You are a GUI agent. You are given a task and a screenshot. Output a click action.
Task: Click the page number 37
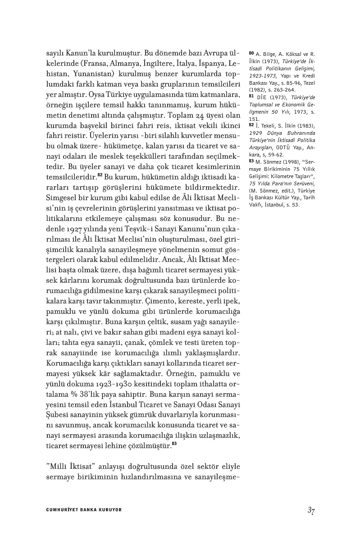[310, 510]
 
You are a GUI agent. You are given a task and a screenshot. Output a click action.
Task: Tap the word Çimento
[155, 300]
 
